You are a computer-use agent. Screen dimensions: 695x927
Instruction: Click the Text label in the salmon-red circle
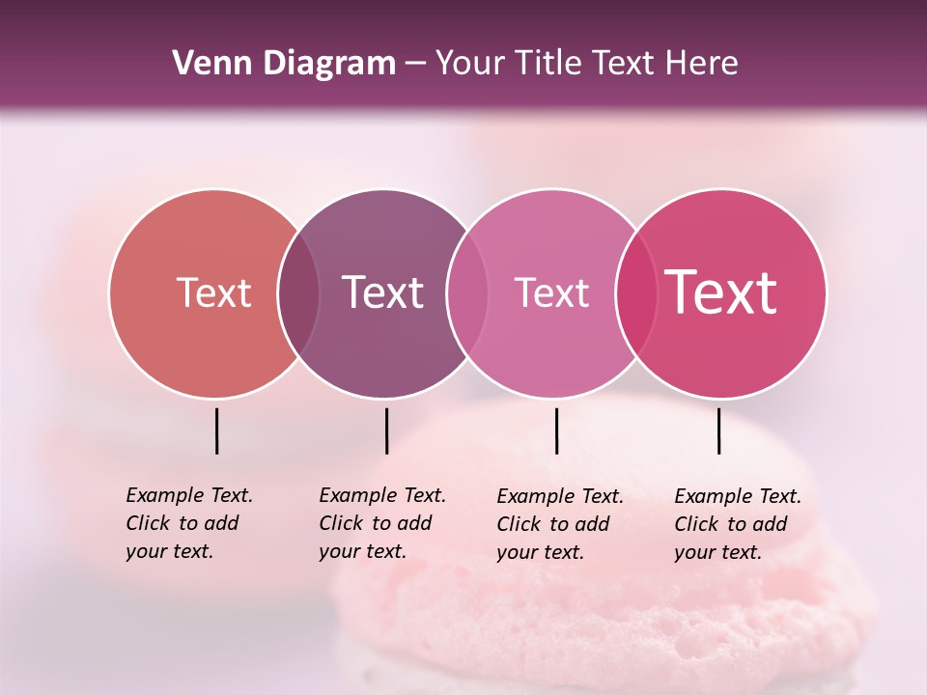tap(213, 292)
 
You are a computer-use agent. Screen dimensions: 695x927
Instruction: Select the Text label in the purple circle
tap(382, 292)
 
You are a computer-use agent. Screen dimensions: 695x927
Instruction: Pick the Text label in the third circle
tap(551, 292)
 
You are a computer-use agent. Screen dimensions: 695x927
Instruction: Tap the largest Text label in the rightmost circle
tap(720, 292)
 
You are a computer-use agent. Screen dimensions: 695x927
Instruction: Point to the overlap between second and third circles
tap(467, 292)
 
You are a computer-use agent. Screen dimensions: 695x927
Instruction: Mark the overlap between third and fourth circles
tap(635, 292)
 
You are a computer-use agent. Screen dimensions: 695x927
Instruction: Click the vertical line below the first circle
tap(216, 431)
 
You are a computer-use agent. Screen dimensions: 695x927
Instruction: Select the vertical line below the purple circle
tap(386, 431)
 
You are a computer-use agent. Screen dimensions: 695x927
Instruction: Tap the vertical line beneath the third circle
tap(556, 431)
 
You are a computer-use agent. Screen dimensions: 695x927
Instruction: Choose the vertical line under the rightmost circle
tap(718, 431)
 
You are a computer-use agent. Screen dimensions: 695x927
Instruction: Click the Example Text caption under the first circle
tap(188, 523)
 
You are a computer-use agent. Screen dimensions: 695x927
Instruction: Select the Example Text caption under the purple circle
tap(381, 523)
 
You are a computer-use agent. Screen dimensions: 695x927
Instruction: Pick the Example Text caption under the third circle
tap(559, 524)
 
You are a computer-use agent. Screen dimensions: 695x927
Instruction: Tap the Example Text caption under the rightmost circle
tap(737, 524)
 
